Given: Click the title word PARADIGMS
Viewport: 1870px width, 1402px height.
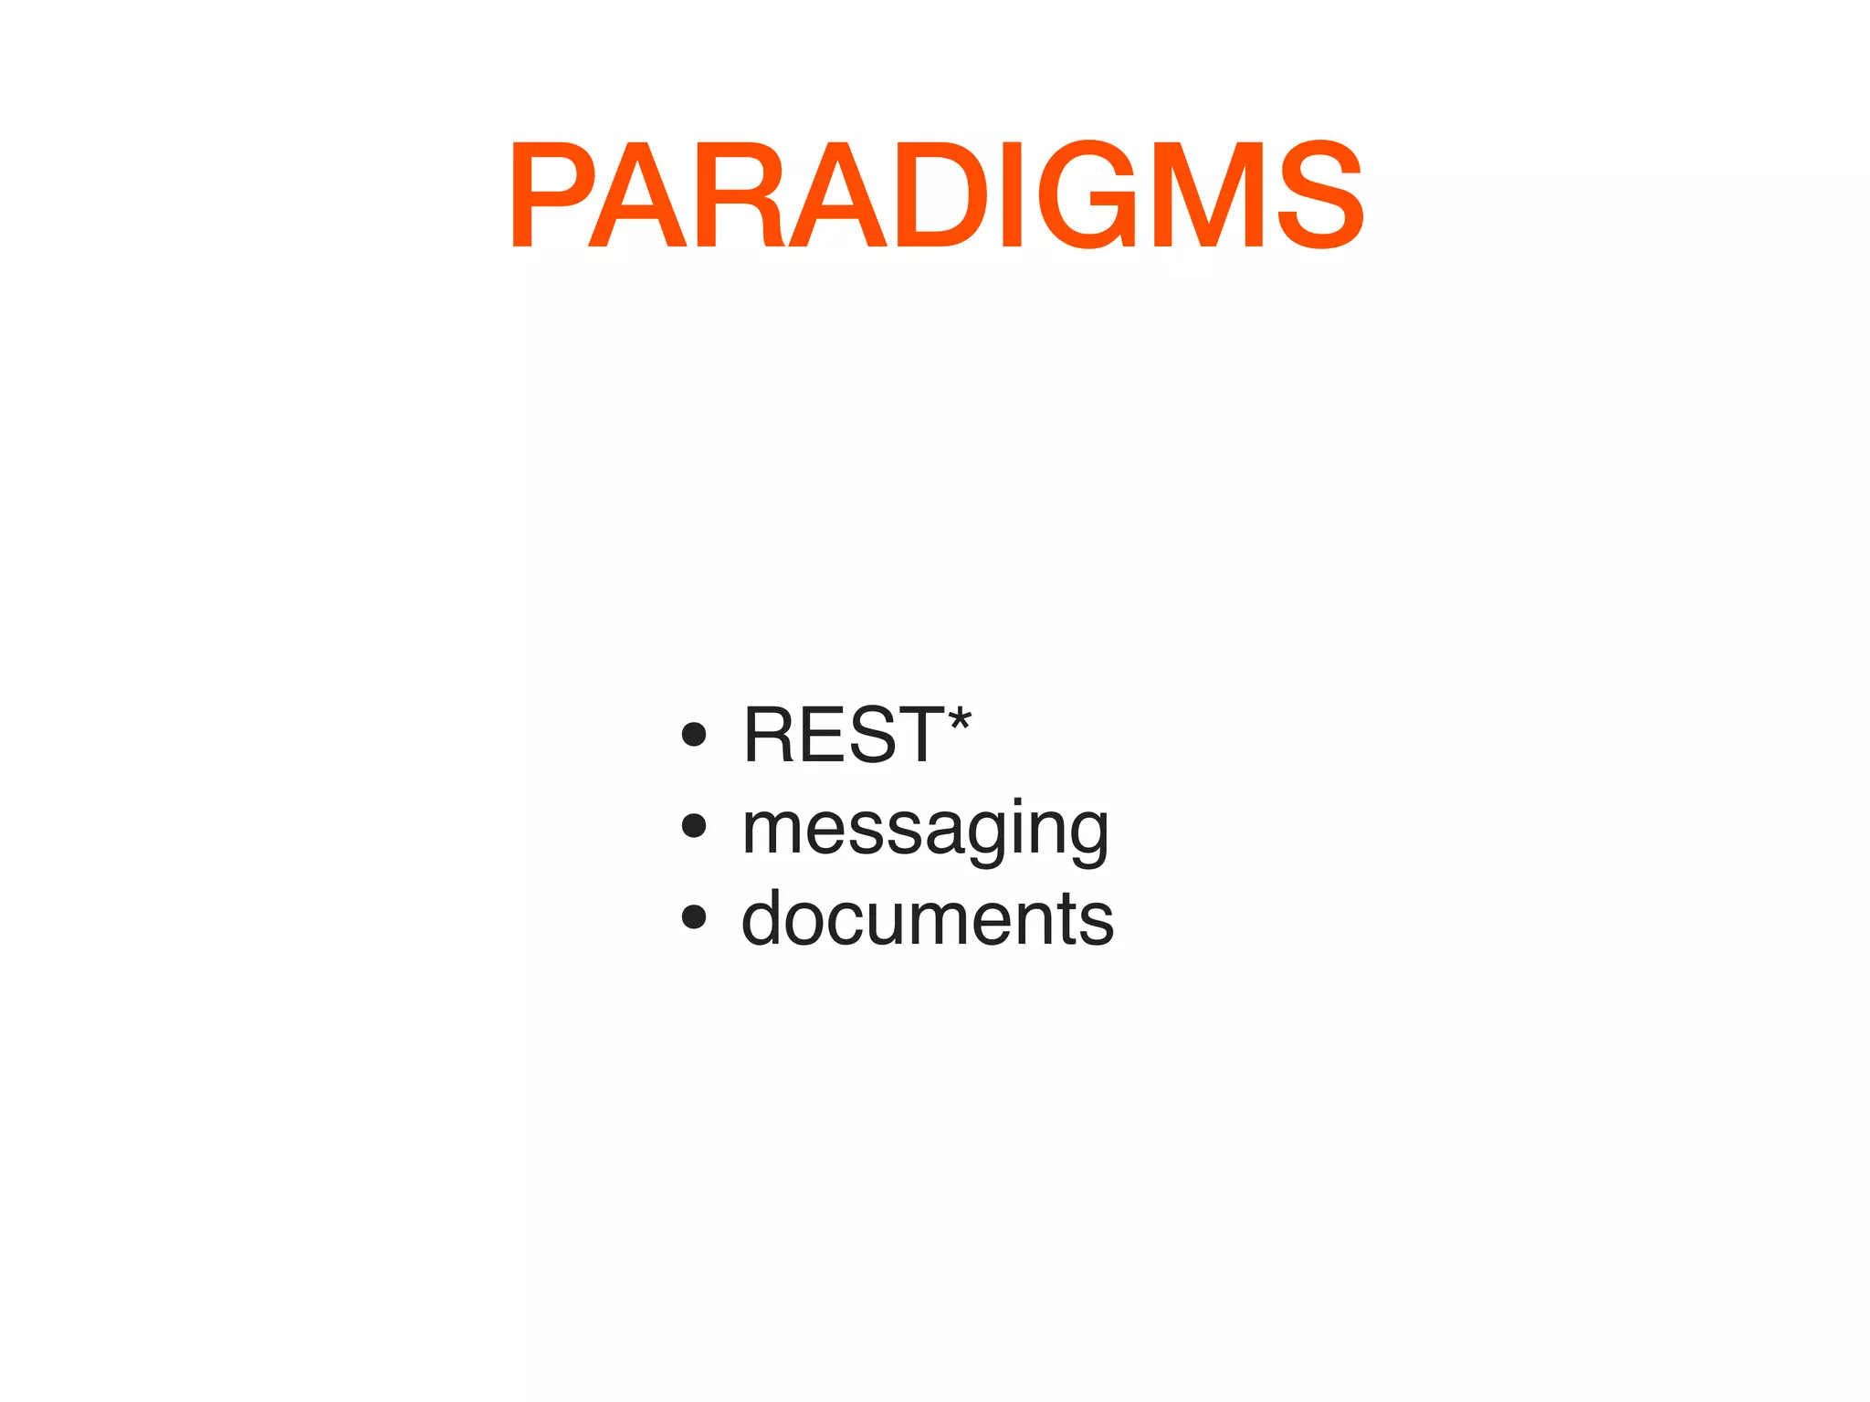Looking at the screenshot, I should tap(937, 194).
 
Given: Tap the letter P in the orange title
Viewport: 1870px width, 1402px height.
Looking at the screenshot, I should tap(553, 194).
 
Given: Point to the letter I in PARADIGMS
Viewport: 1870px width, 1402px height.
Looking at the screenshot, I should tap(1012, 194).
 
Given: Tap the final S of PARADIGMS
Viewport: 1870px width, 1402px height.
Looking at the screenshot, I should tap(1320, 194).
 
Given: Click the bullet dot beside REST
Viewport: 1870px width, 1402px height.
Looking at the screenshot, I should tap(694, 735).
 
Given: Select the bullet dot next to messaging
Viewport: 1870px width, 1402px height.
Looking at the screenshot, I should tap(694, 826).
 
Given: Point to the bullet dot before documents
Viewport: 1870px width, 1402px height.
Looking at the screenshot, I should tap(694, 917).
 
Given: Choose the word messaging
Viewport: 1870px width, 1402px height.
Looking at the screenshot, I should tap(926, 829).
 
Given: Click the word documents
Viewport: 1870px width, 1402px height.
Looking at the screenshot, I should tap(928, 917).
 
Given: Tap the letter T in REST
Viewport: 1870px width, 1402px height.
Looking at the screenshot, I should tap(917, 735).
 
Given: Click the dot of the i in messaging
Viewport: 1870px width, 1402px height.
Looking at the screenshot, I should tap(1019, 802).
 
